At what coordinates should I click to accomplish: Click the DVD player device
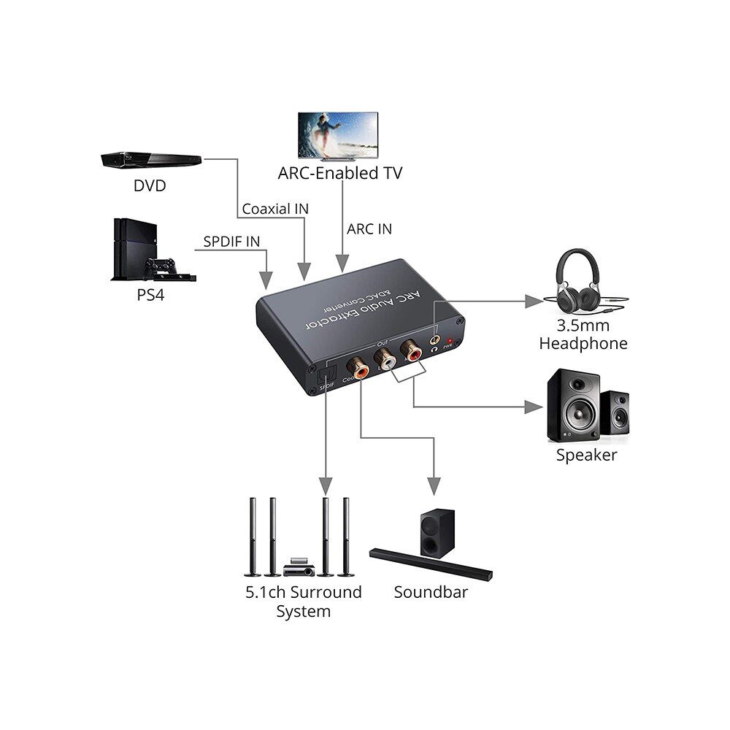click(150, 159)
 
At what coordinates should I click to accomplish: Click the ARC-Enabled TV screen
click(337, 135)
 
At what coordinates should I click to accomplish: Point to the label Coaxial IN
click(275, 209)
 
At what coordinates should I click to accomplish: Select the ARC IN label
click(369, 229)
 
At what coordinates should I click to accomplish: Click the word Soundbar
click(431, 592)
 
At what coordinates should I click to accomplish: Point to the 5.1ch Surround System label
click(303, 601)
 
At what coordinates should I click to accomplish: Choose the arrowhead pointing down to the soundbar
click(434, 485)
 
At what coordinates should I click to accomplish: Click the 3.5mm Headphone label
click(583, 334)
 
